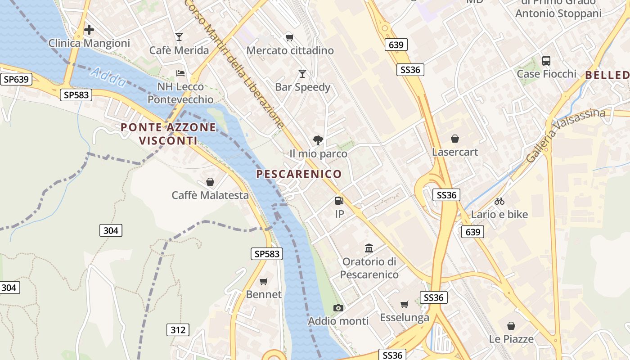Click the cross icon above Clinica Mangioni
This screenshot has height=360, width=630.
89,30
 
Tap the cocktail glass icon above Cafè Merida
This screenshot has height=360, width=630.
179,37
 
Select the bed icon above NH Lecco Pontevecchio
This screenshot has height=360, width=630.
180,73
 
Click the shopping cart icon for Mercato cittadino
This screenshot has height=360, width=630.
290,37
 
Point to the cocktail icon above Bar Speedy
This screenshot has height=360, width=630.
302,73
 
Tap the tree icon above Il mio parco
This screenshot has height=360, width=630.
318,140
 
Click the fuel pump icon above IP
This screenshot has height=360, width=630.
339,201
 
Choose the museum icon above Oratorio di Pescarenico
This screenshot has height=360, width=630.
369,248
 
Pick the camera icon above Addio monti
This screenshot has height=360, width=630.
338,308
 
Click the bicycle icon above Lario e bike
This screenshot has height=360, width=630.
499,201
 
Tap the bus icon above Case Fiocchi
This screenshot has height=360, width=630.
546,60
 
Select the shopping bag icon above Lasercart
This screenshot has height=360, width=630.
455,139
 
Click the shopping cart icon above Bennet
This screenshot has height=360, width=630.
264,281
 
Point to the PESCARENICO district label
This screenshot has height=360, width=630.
299,174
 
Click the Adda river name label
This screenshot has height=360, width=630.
108,77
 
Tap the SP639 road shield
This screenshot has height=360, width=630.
16,80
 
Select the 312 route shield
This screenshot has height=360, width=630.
178,330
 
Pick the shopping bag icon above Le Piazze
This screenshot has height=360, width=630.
511,325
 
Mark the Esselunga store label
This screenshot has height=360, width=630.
405,318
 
